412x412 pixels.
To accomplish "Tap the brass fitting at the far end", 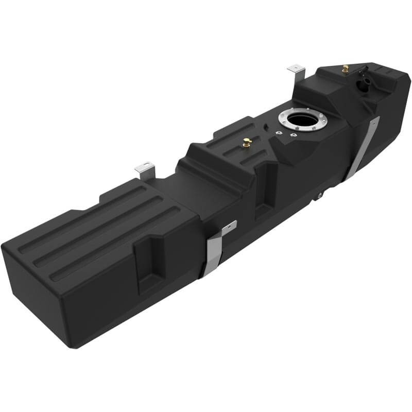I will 345,68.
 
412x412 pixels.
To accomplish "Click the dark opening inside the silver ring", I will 299,120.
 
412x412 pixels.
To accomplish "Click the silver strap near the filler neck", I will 364,149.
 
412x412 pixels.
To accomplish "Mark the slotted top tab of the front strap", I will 229,227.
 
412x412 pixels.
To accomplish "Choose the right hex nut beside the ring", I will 293,135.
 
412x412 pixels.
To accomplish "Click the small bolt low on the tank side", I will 319,195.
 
